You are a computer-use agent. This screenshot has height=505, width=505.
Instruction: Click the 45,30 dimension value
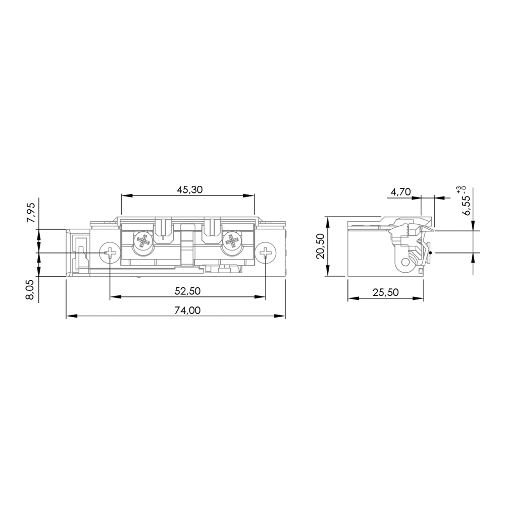pos(190,190)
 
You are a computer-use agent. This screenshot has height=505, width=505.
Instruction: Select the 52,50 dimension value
pos(187,291)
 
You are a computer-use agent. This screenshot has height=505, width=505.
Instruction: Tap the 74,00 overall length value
pos(187,310)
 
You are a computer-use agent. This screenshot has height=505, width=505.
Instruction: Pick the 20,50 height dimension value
pos(321,246)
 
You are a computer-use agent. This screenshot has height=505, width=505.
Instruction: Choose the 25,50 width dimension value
pos(385,292)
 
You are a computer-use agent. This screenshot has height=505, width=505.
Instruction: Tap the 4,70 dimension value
pos(400,192)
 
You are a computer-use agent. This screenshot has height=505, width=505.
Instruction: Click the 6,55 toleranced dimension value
pos(466,205)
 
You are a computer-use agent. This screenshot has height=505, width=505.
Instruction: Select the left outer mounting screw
pos(110,253)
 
